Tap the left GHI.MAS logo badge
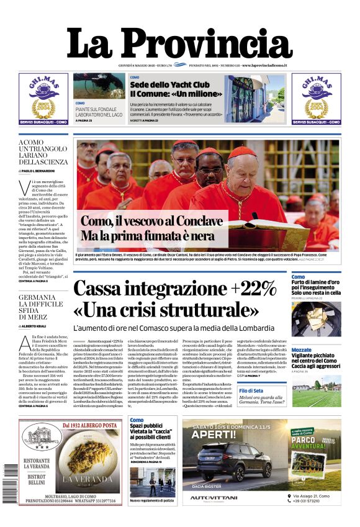coord(43,97)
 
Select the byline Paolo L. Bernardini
coord(47,169)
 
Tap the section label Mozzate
coord(301,350)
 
